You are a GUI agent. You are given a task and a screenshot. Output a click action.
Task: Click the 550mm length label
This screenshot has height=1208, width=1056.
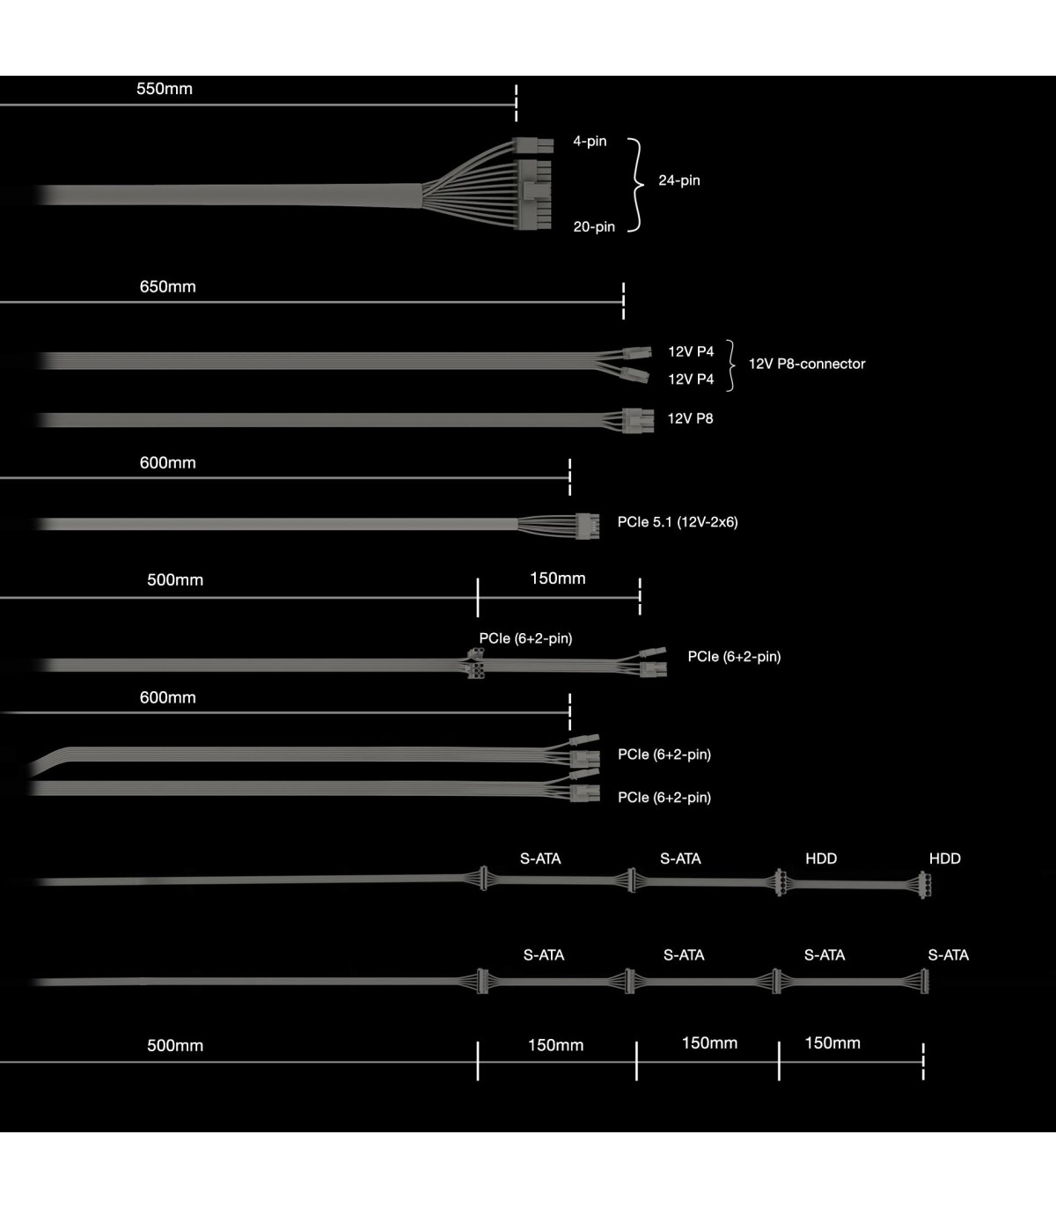[165, 89]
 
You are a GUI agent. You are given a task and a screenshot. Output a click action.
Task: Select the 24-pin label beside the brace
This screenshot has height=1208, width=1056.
[679, 180]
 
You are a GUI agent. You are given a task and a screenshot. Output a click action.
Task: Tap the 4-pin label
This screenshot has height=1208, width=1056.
[590, 141]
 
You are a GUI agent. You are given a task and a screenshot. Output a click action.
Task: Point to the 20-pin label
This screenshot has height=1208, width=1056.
[594, 227]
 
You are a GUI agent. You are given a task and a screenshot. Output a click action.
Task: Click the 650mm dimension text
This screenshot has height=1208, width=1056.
[167, 287]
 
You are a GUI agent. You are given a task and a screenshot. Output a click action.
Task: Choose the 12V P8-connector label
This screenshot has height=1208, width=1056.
[807, 364]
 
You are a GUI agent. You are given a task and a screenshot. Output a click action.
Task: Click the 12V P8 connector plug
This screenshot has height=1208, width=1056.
[637, 420]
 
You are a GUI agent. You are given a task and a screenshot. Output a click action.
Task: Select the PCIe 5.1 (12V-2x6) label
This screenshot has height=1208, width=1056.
[678, 522]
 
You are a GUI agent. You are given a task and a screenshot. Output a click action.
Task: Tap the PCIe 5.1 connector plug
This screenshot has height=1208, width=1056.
[587, 526]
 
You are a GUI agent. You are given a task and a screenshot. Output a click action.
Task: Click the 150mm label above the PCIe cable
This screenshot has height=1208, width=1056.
[558, 578]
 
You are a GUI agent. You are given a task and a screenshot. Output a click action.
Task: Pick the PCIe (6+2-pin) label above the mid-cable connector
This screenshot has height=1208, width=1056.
[525, 638]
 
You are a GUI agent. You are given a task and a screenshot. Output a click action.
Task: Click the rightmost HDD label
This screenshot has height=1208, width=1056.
[944, 858]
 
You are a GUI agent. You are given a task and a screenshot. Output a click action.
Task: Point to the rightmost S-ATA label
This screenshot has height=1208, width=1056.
[948, 955]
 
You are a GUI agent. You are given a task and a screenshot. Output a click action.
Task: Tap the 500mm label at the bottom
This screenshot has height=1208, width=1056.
[175, 1046]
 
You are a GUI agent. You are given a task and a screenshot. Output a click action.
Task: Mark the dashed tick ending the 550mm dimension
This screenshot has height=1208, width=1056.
[517, 103]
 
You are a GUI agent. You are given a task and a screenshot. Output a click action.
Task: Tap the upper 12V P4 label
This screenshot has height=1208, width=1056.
[691, 352]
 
